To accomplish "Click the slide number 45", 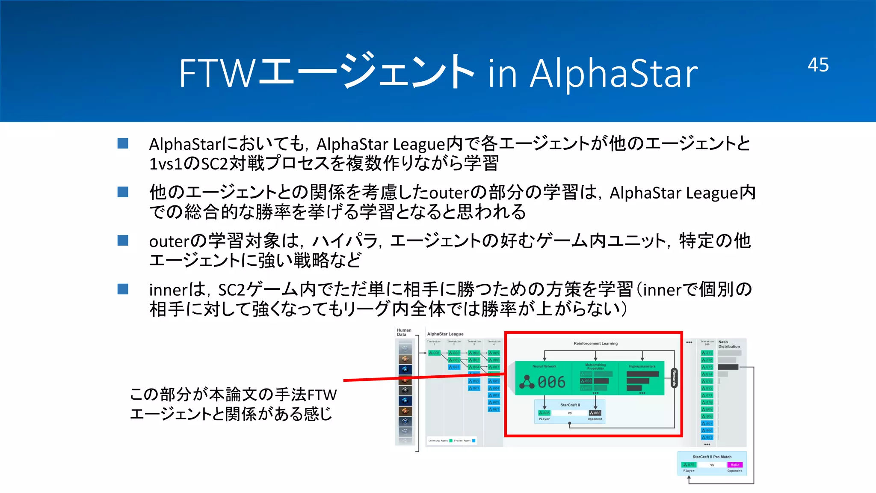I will pyautogui.click(x=818, y=65).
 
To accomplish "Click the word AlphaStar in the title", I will pyautogui.click(x=614, y=74).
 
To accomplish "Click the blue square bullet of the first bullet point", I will pyautogui.click(x=123, y=143).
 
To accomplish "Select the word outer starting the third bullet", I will pyautogui.click(x=169, y=241).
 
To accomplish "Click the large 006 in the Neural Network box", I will pyautogui.click(x=551, y=382).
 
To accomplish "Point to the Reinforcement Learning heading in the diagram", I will pyautogui.click(x=595, y=343).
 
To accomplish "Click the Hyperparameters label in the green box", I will pyautogui.click(x=642, y=366).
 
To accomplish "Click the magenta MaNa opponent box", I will pyautogui.click(x=735, y=465).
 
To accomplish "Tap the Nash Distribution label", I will pyautogui.click(x=728, y=344).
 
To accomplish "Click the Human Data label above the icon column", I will pyautogui.click(x=404, y=332).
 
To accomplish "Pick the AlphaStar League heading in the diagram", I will pyautogui.click(x=445, y=334).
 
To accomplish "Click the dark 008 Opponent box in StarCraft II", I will pyautogui.click(x=595, y=413).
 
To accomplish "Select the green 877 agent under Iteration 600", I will pyautogui.click(x=707, y=353).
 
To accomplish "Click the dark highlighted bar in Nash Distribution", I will pyautogui.click(x=728, y=367).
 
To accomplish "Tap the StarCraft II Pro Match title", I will pyautogui.click(x=712, y=457).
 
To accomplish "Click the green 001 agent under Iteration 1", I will pyautogui.click(x=434, y=353).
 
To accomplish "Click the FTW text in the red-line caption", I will pyautogui.click(x=322, y=395).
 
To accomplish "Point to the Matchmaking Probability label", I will pyautogui.click(x=595, y=366).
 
